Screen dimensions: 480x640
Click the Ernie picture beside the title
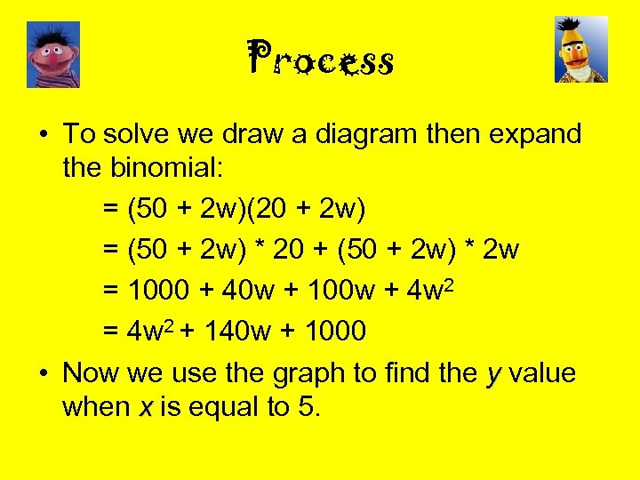click(53, 54)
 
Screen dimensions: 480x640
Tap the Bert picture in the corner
click(581, 50)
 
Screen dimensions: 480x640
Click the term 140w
click(239, 332)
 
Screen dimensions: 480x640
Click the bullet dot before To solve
click(43, 135)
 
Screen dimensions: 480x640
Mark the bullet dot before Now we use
click(43, 373)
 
